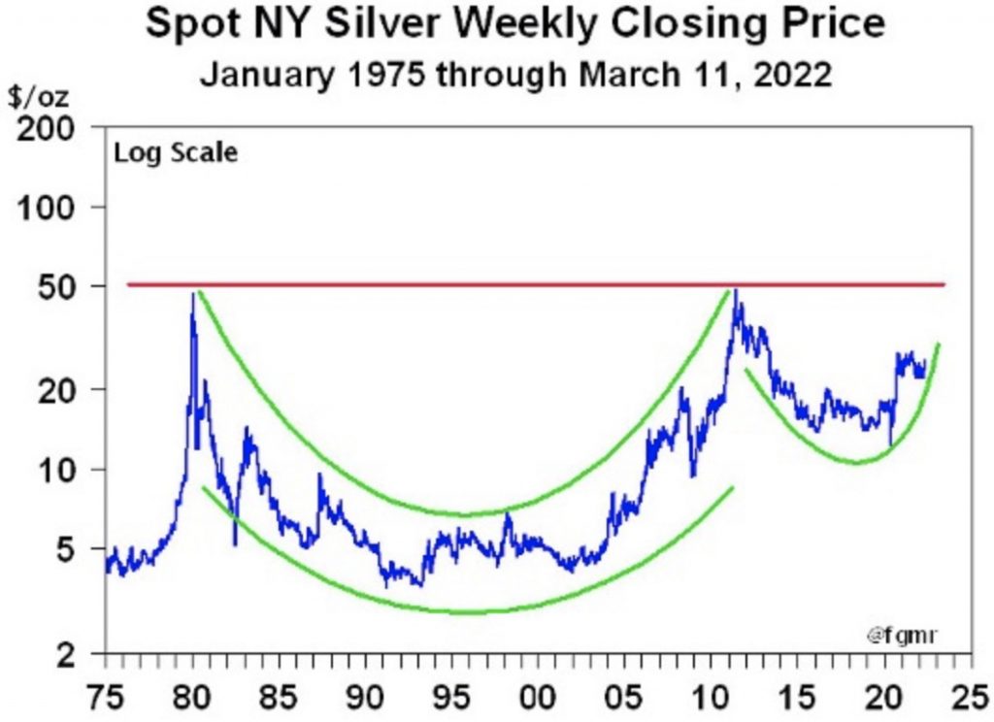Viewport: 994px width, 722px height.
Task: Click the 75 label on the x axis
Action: click(105, 700)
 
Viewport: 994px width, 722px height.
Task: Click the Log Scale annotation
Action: click(175, 152)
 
